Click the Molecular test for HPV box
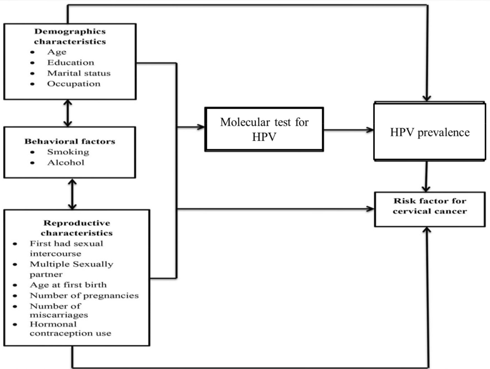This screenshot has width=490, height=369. tap(264, 129)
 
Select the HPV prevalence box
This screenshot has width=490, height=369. tap(430, 132)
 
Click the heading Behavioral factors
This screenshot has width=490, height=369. tap(70, 141)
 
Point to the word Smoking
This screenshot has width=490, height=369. tap(68, 152)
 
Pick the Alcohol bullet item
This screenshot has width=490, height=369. tap(65, 162)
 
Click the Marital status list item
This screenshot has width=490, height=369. tap(79, 73)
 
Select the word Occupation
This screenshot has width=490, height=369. tap(73, 84)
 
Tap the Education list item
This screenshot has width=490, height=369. tap(70, 62)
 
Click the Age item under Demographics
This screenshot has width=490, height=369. tap(57, 52)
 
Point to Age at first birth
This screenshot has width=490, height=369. tap(68, 285)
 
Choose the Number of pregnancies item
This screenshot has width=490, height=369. tap(84, 295)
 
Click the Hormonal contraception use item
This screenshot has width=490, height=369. tap(70, 329)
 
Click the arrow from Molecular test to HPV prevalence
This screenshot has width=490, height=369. tap(348, 130)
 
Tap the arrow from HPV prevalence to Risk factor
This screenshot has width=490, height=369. tap(426, 176)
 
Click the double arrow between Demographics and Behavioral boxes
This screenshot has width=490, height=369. tap(68, 113)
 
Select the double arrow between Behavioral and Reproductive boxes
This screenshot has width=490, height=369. tap(72, 194)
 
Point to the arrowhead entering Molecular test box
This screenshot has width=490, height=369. tap(201, 127)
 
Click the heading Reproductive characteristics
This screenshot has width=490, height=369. tap(77, 228)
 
